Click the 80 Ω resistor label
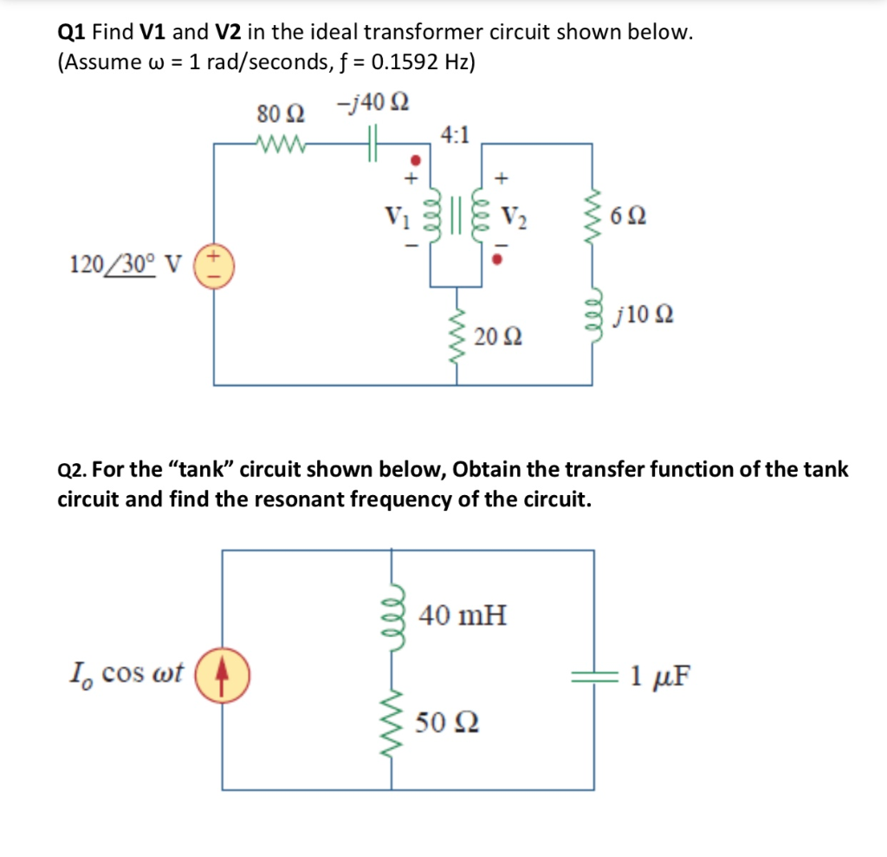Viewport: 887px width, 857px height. coord(281,113)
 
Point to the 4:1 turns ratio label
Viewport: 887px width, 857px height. coord(456,134)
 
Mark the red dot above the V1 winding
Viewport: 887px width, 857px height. coord(415,160)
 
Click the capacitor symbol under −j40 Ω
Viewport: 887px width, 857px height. coord(373,143)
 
